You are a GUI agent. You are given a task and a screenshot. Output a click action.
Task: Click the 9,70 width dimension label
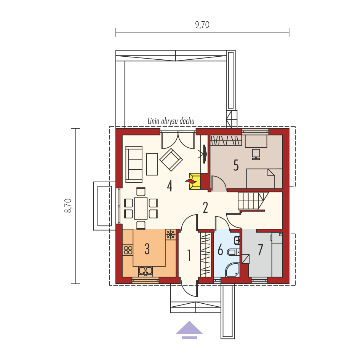tap(202, 25)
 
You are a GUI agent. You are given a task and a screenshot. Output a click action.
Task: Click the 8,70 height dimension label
tap(68, 206)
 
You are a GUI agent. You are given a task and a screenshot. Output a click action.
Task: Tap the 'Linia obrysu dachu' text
tap(171, 121)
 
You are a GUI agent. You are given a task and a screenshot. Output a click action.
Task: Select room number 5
tap(236, 165)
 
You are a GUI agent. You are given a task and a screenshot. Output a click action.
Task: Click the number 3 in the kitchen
tap(147, 249)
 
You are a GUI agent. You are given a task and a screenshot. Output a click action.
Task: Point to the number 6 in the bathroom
tap(220, 250)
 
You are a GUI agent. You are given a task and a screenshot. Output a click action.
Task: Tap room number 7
tap(260, 250)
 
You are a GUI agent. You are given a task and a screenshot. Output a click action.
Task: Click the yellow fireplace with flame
tap(193, 182)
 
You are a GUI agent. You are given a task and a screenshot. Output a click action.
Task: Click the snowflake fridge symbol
tap(171, 234)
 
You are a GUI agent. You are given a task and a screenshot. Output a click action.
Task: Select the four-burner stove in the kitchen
tap(128, 250)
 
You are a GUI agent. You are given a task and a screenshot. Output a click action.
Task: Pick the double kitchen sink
tap(146, 271)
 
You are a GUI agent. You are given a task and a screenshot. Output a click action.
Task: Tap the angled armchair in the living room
tap(171, 159)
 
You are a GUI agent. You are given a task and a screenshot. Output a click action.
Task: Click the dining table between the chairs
tap(141, 208)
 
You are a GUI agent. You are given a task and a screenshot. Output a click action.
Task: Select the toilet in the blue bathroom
tap(233, 252)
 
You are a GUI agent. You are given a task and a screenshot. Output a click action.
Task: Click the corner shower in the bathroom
tap(233, 269)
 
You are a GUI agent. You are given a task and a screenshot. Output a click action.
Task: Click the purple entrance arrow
tap(189, 330)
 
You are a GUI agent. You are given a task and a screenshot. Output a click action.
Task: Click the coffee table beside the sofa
tap(152, 164)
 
